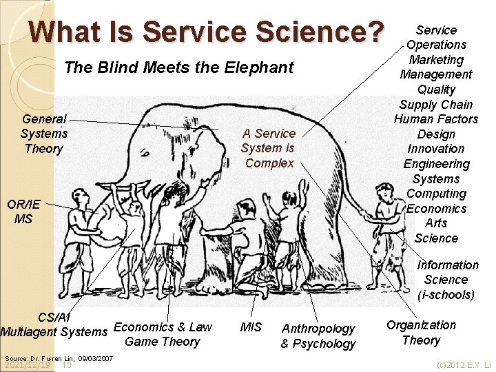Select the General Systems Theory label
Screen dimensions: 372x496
(x=43, y=134)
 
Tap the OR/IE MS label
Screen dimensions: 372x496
(x=23, y=211)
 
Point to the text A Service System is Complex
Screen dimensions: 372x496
(x=269, y=148)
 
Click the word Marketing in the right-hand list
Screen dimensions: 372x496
(x=436, y=60)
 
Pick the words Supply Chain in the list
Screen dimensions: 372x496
(x=436, y=105)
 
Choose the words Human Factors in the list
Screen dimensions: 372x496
(x=436, y=119)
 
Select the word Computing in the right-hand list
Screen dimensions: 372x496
(x=436, y=194)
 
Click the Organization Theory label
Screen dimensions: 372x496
(x=421, y=332)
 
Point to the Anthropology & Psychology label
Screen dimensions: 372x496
(x=318, y=336)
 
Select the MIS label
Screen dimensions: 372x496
(x=251, y=327)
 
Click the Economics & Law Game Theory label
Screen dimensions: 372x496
(x=163, y=334)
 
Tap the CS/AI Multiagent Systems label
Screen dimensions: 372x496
(x=54, y=324)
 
